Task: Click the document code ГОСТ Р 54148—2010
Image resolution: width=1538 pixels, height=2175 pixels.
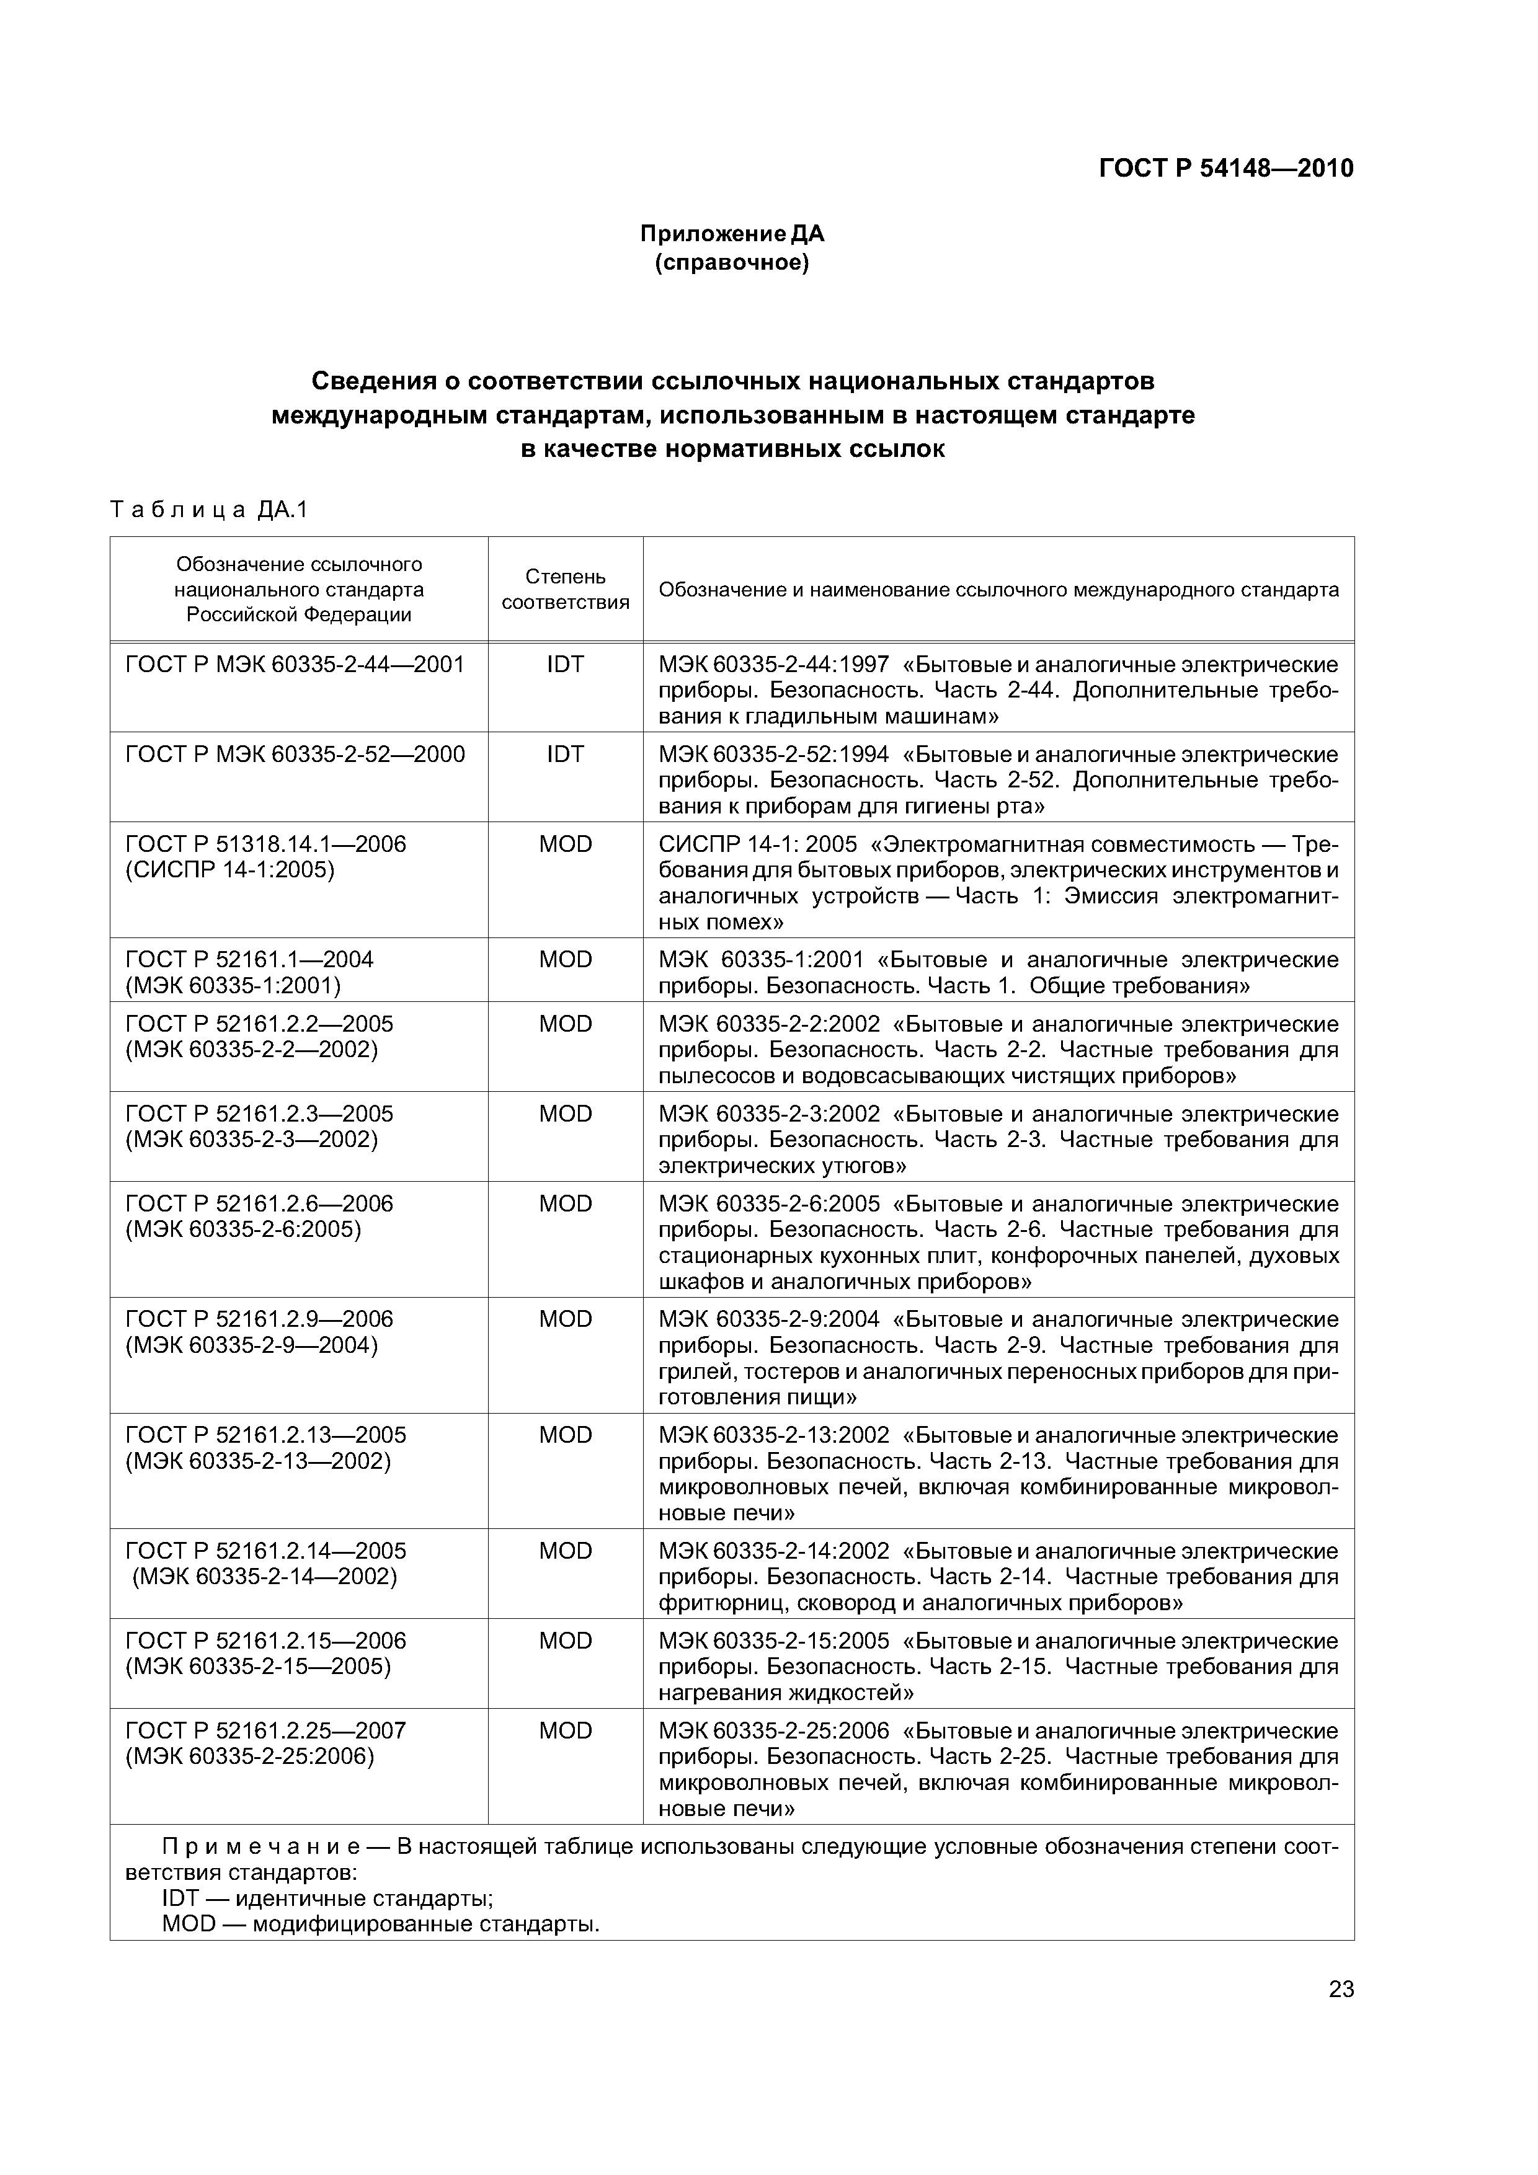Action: pyautogui.click(x=1225, y=169)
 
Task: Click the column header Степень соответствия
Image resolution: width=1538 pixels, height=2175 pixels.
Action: pyautogui.click(x=565, y=589)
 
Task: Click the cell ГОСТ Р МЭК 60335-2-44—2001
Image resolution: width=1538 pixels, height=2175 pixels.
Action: pyautogui.click(x=295, y=665)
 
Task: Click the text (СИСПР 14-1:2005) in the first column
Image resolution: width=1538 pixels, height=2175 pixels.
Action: pyautogui.click(x=229, y=870)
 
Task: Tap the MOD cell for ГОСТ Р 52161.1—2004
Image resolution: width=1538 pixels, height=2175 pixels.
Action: pyautogui.click(x=565, y=960)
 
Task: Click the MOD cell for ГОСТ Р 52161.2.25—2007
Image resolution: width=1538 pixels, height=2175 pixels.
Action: pyautogui.click(x=565, y=1730)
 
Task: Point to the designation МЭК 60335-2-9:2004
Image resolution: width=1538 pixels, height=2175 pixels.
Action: pyautogui.click(x=768, y=1319)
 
